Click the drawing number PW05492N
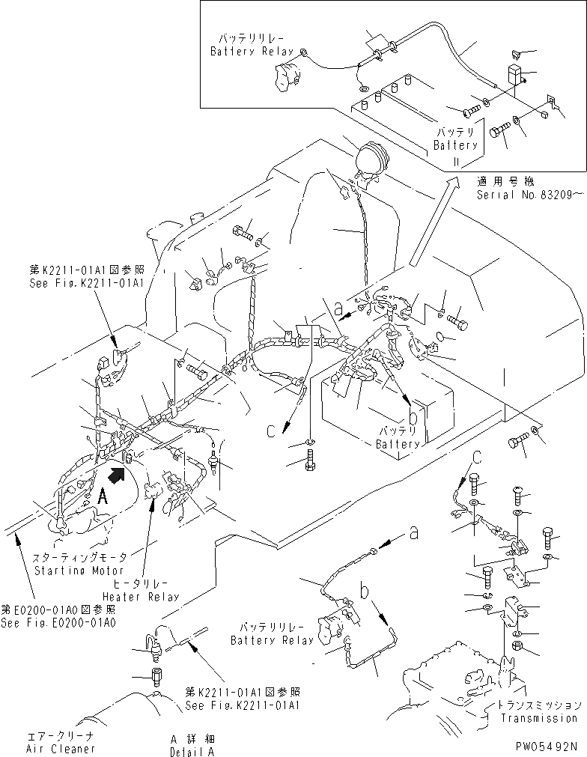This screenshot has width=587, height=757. pyautogui.click(x=545, y=746)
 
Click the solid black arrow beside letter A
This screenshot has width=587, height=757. pyautogui.click(x=117, y=473)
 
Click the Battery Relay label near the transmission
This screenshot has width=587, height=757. pyautogui.click(x=273, y=640)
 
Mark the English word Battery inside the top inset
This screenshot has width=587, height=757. pyautogui.click(x=455, y=145)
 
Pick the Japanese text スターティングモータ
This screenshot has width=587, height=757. pyautogui.click(x=83, y=558)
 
